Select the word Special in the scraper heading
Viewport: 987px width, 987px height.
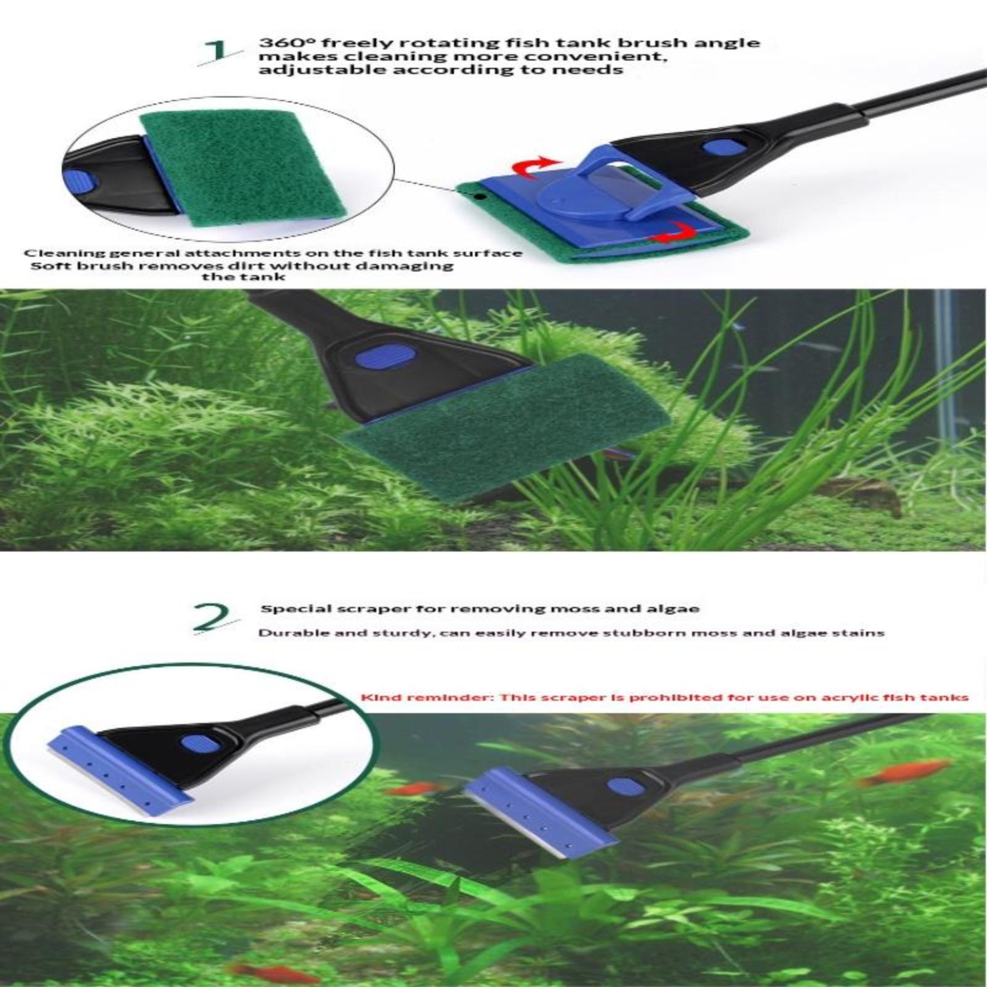click(x=287, y=609)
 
